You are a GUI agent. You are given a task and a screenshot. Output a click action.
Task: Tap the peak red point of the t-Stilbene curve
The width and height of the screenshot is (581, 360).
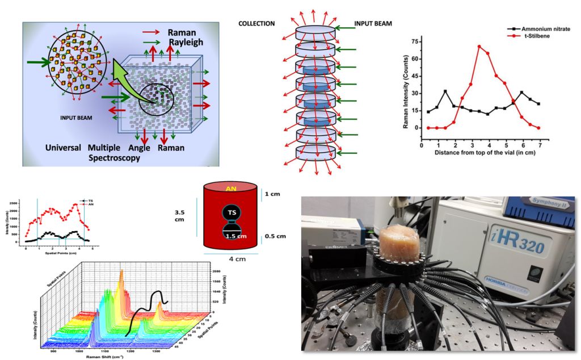click(479, 47)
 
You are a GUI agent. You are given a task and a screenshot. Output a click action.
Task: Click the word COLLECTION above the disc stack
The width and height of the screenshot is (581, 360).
click(256, 24)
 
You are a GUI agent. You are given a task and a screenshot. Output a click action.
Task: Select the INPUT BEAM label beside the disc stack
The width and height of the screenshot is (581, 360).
click(373, 24)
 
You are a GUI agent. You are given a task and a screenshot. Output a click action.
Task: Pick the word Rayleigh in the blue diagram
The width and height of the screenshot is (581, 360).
click(185, 42)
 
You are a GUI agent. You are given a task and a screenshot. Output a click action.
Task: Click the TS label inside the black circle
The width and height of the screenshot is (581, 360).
click(232, 212)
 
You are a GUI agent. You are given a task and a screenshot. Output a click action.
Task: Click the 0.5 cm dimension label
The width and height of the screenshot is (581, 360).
click(274, 236)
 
